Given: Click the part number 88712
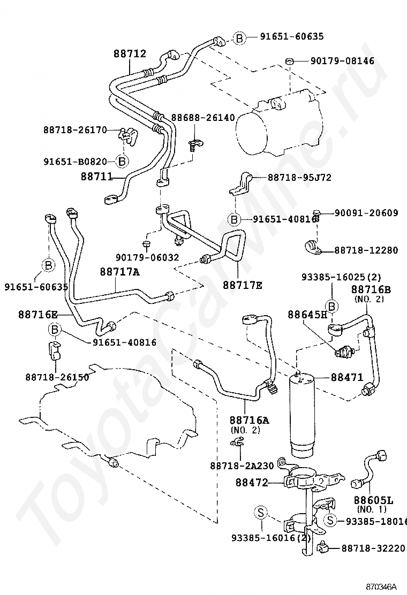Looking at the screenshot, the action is coord(130,54).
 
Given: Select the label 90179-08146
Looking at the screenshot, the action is coord(342,60).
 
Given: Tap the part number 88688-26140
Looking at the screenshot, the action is coord(203,118).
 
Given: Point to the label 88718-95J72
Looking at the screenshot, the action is coord(299,177).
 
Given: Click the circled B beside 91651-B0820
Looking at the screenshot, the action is coord(122,161).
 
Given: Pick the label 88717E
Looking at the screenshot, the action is coord(242,285).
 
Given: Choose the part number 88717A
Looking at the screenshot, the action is coord(120,272).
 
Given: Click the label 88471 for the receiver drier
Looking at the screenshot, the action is coord(347,377).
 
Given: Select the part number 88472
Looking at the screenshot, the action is coord(252,482).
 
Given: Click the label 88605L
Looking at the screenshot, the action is coord(374,500).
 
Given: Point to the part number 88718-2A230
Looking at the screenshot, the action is coord(242,466).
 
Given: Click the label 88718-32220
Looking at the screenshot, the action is coord(373,548).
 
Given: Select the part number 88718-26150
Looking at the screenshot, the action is coord(57,377).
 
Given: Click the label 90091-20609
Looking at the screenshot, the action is coord(366,213).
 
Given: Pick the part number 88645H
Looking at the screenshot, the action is coord(307,314).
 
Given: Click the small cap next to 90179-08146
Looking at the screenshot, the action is coord(290,61).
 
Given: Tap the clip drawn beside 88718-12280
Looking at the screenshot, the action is coord(314,247).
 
